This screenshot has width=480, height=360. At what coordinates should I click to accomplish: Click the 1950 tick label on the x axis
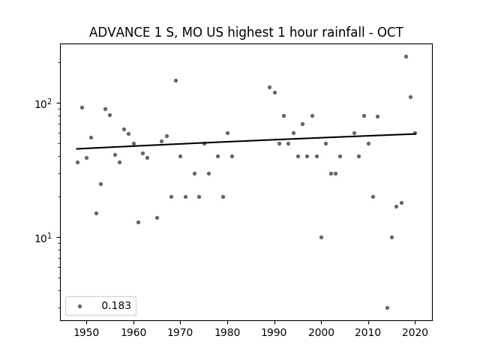click(x=87, y=332)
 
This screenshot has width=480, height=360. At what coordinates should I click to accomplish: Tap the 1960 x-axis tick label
click(x=133, y=332)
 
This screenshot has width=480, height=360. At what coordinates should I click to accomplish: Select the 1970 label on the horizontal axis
click(x=181, y=332)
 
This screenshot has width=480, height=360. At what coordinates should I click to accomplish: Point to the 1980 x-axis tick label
click(x=227, y=332)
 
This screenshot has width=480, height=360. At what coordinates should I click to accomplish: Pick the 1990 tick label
click(x=274, y=332)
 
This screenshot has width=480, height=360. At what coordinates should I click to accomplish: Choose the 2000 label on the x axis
click(x=322, y=332)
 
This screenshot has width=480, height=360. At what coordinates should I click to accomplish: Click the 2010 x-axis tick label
click(x=368, y=332)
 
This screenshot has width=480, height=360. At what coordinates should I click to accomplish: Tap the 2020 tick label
click(x=415, y=332)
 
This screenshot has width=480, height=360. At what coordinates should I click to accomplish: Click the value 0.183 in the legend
click(x=116, y=305)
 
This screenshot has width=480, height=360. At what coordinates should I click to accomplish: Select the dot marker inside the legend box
click(x=80, y=306)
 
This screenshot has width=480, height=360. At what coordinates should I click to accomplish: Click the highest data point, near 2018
click(x=406, y=57)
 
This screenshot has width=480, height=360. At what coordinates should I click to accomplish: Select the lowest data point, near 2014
click(x=387, y=307)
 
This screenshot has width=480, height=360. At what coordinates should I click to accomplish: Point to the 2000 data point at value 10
click(x=322, y=237)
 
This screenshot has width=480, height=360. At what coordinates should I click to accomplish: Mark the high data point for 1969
click(x=175, y=80)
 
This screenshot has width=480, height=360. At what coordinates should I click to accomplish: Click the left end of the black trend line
click(x=76, y=149)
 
